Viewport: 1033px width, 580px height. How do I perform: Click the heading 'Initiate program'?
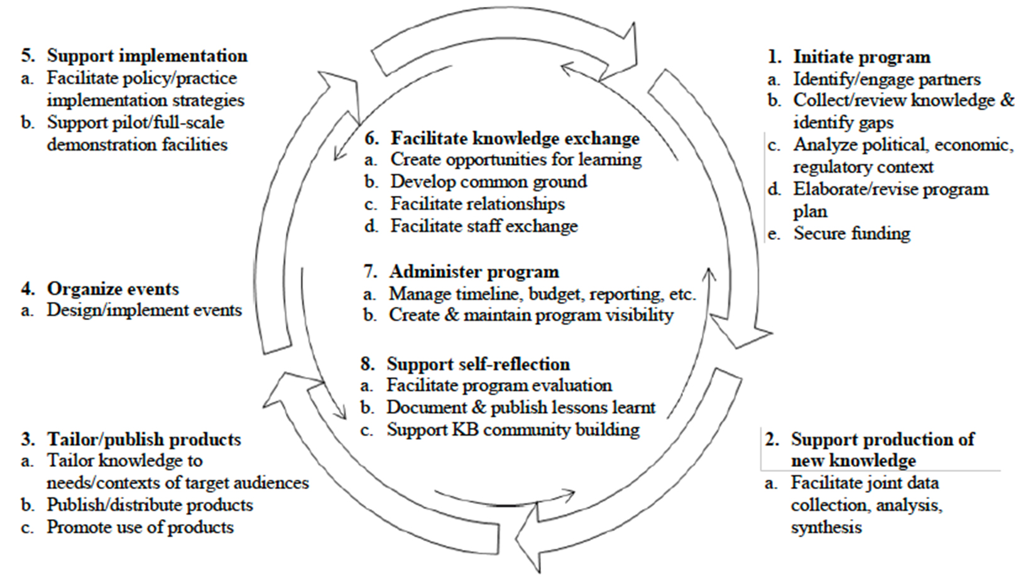tap(861, 57)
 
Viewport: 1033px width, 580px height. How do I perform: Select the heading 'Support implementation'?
tap(147, 56)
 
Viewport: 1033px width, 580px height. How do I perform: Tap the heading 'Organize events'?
tap(112, 289)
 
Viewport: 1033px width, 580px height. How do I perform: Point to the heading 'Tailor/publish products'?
tap(144, 439)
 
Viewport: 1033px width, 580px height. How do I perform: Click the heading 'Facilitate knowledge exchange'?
tap(515, 138)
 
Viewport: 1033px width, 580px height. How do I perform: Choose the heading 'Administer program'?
tap(474, 271)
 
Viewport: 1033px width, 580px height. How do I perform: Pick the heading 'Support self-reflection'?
tap(478, 364)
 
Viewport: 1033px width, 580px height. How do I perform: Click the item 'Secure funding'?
tap(852, 234)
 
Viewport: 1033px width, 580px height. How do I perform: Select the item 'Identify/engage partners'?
tap(887, 79)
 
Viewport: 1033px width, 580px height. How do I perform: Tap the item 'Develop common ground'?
tap(489, 181)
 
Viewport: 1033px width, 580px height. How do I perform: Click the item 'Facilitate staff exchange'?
tap(484, 226)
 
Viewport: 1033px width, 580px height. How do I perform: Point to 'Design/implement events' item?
tap(145, 310)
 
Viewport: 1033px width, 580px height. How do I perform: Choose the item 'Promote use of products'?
tap(140, 527)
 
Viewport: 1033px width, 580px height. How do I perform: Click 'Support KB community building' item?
tap(513, 429)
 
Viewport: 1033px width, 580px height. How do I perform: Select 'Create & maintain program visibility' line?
tap(531, 315)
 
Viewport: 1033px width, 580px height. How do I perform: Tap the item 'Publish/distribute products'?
tap(150, 505)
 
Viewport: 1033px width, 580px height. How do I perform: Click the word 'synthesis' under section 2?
tap(826, 527)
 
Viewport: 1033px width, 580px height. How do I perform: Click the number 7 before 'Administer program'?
tap(369, 271)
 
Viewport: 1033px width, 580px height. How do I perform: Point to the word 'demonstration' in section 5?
tap(101, 144)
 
